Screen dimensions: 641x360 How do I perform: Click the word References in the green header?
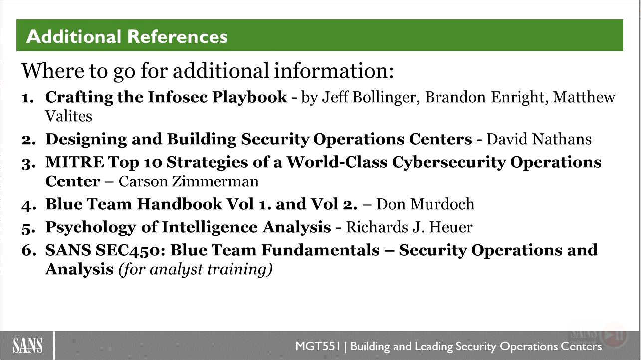(177, 36)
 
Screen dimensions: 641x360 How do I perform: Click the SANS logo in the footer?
(28, 345)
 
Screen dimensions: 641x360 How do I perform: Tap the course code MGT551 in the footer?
(318, 346)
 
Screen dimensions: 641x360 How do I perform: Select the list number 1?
(28, 98)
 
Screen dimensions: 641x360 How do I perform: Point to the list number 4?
(29, 205)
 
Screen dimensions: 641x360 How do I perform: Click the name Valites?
(69, 116)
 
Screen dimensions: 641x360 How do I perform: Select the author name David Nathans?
(539, 139)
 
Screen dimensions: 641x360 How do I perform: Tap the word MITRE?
(75, 162)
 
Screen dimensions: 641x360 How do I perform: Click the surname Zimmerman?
(215, 181)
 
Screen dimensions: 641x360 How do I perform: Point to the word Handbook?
(179, 204)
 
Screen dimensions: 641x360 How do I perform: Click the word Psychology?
(91, 228)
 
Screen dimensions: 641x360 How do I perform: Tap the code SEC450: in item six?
(130, 250)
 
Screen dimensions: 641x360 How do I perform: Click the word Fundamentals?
(320, 250)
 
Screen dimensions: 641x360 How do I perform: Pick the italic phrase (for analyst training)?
(196, 269)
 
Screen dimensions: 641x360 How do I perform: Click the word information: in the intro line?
(334, 70)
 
